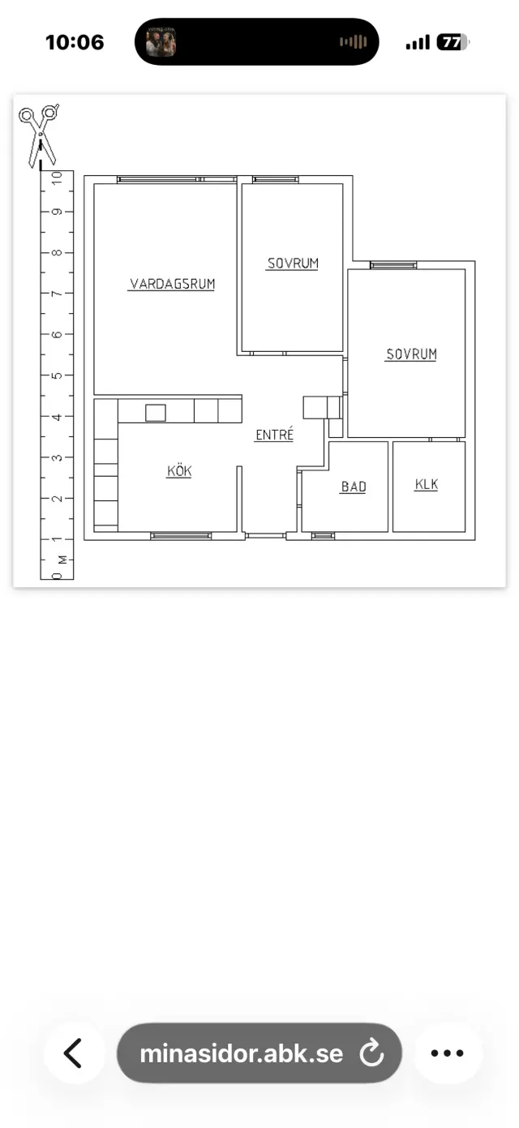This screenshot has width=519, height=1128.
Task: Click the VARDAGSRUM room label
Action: click(172, 284)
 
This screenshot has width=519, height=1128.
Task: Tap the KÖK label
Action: click(179, 470)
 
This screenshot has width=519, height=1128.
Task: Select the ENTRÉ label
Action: click(274, 434)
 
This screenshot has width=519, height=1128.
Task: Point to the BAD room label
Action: click(354, 487)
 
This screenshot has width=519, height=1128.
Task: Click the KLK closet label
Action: click(427, 484)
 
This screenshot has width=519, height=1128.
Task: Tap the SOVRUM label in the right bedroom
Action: click(411, 354)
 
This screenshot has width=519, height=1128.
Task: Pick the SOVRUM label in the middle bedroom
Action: click(293, 264)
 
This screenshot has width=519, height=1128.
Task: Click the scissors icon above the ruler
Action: click(39, 135)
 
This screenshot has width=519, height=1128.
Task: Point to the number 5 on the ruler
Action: click(57, 375)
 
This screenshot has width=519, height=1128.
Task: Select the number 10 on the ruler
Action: click(57, 178)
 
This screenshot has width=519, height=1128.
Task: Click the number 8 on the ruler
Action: click(57, 252)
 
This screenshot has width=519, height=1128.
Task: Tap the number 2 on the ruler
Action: click(57, 499)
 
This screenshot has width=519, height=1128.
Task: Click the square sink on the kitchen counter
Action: click(156, 413)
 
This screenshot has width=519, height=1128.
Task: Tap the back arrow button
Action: click(74, 1053)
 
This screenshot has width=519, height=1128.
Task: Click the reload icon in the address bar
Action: click(371, 1053)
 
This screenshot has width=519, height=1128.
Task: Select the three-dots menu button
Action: click(448, 1053)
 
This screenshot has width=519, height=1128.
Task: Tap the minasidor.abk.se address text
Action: click(242, 1053)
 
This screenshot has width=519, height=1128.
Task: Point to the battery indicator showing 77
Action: click(453, 42)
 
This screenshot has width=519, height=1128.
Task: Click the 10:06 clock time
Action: click(75, 42)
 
